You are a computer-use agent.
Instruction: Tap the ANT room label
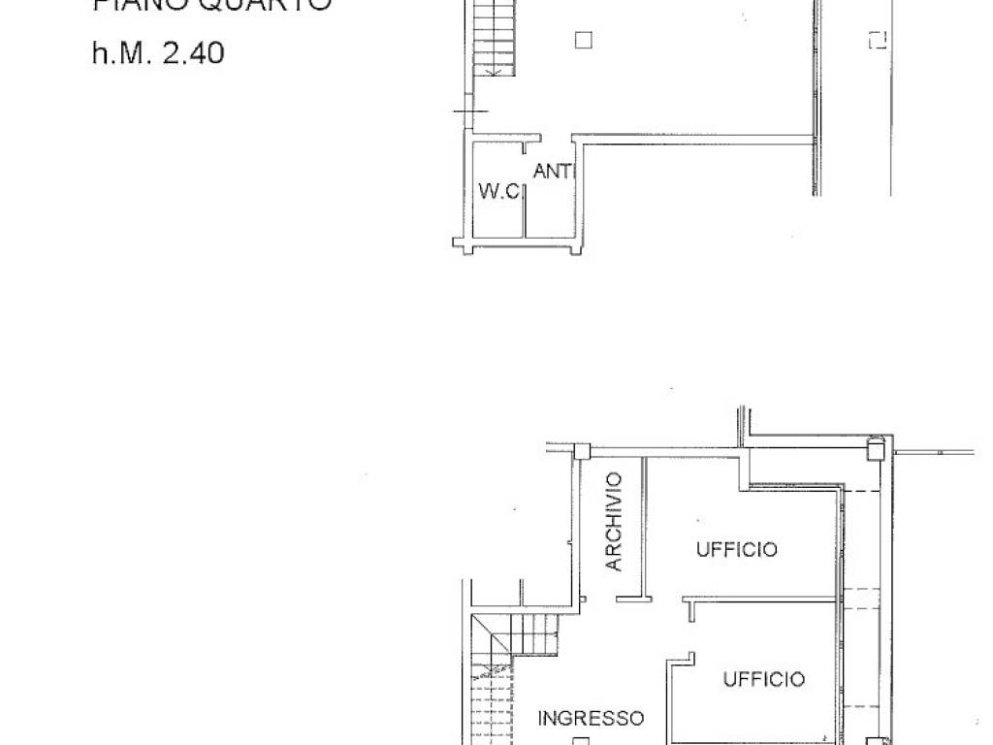553,172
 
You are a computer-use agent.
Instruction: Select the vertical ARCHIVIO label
614,521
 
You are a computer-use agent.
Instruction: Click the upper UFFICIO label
736,550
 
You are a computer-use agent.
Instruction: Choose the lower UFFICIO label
763,679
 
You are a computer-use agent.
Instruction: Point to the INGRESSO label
591,719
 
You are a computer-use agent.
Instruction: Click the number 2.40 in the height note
193,52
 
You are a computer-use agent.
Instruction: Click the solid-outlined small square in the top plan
582,40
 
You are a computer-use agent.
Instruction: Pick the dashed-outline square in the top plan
878,40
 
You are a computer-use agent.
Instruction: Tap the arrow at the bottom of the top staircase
496,70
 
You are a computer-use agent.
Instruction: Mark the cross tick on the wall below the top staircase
469,113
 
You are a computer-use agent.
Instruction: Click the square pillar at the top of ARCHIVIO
582,451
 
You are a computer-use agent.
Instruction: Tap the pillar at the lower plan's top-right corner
875,449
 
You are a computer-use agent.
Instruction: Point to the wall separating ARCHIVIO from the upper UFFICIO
643,529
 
